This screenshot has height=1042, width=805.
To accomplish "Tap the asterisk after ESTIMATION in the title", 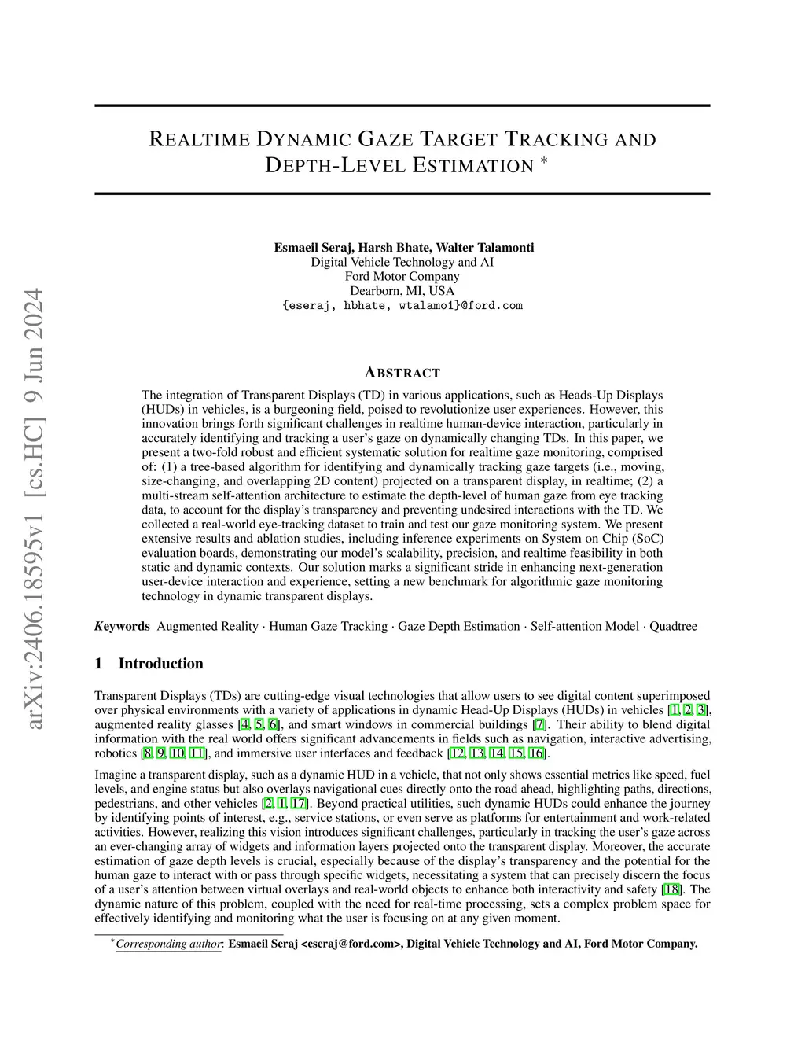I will tap(543, 161).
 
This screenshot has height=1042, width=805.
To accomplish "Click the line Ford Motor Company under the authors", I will tap(402, 276).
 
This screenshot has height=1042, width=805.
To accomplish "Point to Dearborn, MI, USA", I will tap(402, 290).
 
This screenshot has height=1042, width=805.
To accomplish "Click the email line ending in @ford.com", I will tap(402, 305).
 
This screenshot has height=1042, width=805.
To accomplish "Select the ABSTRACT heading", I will tap(402, 373).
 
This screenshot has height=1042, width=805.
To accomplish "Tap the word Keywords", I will tap(122, 626).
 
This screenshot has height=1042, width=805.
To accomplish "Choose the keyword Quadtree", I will tap(673, 626).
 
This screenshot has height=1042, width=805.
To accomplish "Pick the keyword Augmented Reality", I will tap(208, 626).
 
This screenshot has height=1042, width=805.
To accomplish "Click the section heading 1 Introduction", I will tap(149, 663).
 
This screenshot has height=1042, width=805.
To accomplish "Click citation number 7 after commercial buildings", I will tap(539, 724).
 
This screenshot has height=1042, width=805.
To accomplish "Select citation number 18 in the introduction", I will tap(672, 889).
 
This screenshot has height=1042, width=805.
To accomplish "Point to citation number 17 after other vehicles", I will tap(300, 804).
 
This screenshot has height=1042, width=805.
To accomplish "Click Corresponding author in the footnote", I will tap(168, 944).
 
